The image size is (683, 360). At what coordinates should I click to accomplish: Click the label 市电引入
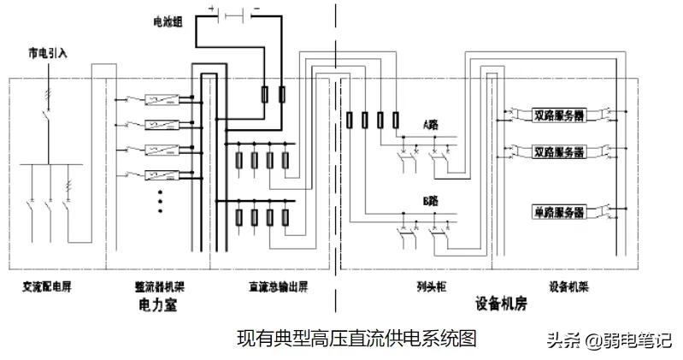pyautogui.click(x=48, y=54)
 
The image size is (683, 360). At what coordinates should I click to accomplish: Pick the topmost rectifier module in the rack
pyautogui.click(x=161, y=99)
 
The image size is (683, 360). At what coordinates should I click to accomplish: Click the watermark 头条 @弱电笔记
pyautogui.click(x=609, y=340)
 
